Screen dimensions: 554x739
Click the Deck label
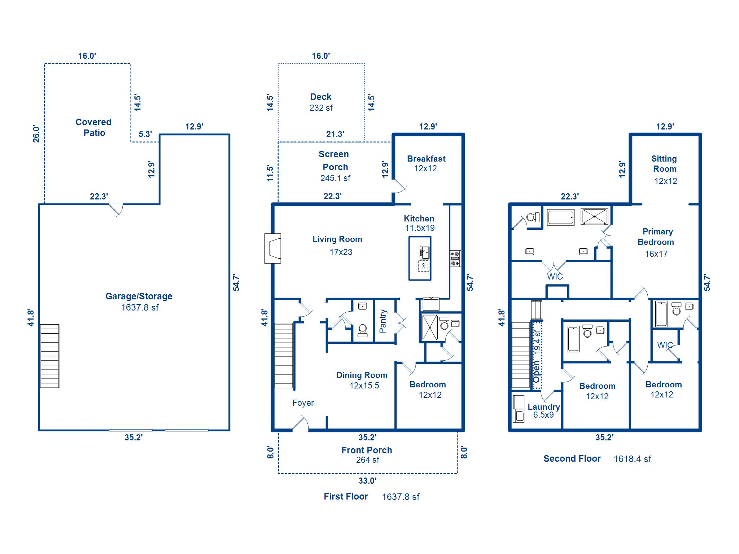(x=320, y=97)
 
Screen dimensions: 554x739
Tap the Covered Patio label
(x=93, y=127)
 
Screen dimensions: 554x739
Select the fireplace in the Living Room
(x=273, y=249)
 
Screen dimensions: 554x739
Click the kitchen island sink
(x=424, y=252)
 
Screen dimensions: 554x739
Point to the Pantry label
(x=383, y=321)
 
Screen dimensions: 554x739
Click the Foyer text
(x=303, y=403)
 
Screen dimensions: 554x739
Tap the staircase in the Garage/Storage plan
(x=49, y=356)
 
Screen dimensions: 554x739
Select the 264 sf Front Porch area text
(x=367, y=460)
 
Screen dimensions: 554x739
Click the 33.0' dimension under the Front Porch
(x=367, y=481)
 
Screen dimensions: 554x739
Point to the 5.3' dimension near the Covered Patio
(x=145, y=134)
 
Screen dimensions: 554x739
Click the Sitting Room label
(x=664, y=164)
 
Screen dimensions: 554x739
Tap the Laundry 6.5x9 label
(x=543, y=410)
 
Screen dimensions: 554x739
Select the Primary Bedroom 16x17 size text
(x=656, y=254)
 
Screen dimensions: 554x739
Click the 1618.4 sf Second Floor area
(x=632, y=459)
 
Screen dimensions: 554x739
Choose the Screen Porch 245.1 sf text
(x=335, y=178)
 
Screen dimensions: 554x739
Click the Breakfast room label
(x=426, y=159)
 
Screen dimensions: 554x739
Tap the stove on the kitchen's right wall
(x=455, y=259)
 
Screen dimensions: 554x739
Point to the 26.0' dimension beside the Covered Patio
(x=36, y=134)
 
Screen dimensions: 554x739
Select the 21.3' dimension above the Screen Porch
(x=335, y=134)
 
